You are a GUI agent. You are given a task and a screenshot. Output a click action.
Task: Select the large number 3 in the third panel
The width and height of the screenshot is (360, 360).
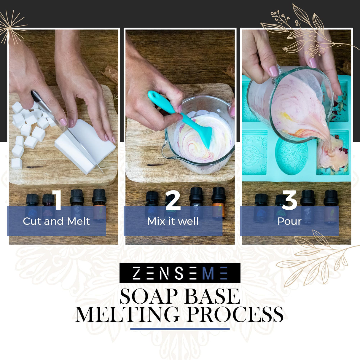tap(289, 200)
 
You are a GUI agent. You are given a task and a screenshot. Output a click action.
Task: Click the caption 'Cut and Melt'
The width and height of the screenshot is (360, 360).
tap(56, 221)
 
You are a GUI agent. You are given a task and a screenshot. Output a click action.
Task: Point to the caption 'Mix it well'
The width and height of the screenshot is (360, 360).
tap(173, 221)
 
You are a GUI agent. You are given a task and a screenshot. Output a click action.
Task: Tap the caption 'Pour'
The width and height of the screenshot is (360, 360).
tap(289, 221)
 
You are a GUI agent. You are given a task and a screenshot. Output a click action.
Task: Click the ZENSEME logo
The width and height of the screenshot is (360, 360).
tap(180, 273)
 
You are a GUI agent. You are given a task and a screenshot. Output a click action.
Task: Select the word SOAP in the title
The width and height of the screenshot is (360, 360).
tap(148, 297)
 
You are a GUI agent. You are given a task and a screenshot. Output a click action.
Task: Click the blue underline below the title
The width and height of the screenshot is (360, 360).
tap(180, 329)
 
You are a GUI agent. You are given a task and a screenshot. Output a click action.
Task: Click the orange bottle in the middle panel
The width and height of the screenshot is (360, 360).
tap(219, 205)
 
